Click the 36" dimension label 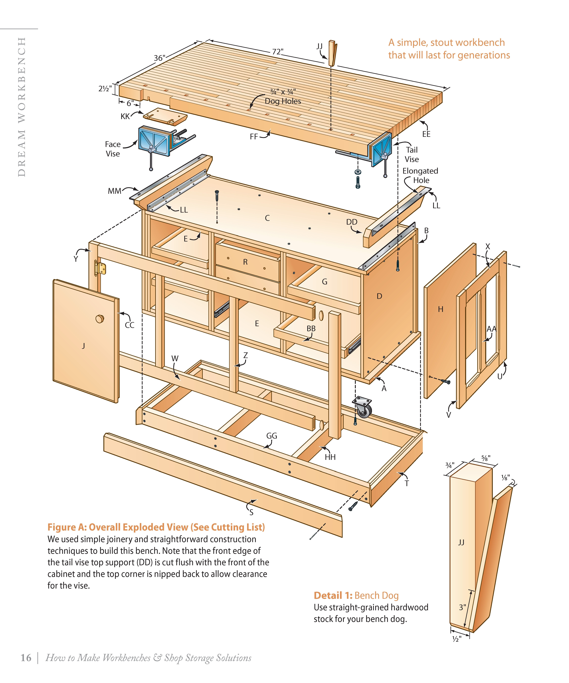159,58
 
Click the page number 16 26,658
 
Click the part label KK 125,116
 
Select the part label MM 115,191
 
